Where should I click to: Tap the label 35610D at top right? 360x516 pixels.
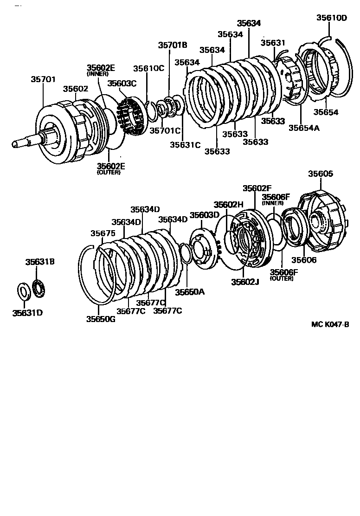332,18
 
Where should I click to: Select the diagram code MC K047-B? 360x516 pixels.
329,324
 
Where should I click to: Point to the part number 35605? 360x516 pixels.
321,174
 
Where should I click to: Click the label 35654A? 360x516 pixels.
304,128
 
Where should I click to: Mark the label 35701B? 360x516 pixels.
173,45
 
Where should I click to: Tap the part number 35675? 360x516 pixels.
103,233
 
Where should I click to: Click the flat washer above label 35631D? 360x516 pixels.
23,291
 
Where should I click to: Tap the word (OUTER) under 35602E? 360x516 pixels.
109,173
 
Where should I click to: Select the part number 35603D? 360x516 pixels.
204,215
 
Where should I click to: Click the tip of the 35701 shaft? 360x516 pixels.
16,144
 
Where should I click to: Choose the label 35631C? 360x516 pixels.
185,144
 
